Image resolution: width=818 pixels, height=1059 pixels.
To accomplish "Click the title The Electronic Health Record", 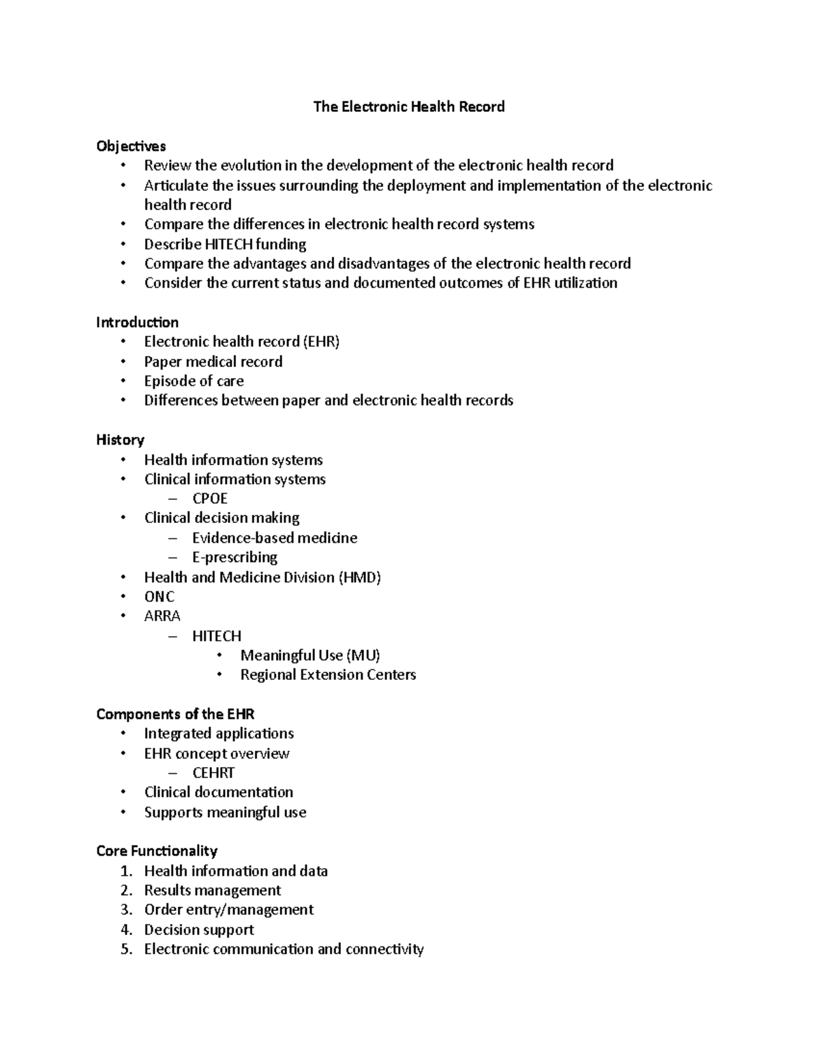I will coord(408,106).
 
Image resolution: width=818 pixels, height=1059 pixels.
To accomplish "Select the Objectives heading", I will coord(131,146).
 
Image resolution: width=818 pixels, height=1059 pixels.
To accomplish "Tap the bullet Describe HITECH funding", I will coord(225,244).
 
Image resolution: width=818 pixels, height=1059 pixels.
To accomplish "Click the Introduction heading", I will coord(137,322).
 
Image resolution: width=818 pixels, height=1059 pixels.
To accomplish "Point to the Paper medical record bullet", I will coord(213,361).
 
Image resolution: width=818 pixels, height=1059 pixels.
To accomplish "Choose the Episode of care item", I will coord(194,381).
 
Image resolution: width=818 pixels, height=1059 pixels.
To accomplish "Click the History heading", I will coord(120,440).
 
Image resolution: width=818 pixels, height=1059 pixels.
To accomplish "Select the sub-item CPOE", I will coord(210,498).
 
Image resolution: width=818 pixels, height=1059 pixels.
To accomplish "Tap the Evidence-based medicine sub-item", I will coord(274,538).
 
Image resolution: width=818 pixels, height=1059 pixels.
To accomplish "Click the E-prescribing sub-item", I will coord(234,557).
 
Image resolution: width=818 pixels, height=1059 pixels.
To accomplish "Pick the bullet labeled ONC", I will coord(160,597).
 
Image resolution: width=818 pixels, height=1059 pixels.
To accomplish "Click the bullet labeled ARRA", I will coord(162,616).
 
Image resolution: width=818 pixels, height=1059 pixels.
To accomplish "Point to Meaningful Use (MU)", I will coord(309,655).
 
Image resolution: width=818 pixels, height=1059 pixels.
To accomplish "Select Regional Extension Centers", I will coord(328,674).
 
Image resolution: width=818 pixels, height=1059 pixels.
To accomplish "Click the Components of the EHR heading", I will coord(175,714).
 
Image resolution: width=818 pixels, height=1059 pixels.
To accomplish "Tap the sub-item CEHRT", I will coord(213,773).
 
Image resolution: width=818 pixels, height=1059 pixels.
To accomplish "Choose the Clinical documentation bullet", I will coord(218,792).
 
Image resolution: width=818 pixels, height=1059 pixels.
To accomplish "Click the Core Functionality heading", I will coord(157,851).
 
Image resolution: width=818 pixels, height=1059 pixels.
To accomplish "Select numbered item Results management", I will coord(212,890).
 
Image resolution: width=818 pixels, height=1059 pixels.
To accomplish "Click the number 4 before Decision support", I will coord(126,929).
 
